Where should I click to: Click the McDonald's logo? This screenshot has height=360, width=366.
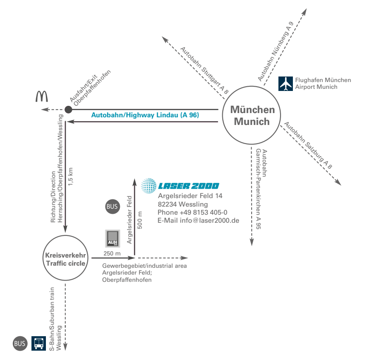pos(41,97)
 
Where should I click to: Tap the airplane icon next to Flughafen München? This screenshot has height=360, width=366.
pos(286,84)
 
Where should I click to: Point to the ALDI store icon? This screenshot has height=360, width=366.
pos(113,238)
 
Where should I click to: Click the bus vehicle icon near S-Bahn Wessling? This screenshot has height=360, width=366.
pos(39,343)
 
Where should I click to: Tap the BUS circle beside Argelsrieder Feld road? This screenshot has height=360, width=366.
pos(112,207)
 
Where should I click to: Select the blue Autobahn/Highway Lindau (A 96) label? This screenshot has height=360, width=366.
pos(145,115)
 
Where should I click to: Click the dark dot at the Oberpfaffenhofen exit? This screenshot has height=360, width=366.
pos(68,110)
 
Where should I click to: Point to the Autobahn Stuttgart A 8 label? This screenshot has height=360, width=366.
pos(204,71)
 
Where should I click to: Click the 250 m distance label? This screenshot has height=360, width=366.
pos(112,254)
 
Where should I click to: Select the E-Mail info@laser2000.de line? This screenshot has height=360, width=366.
pos(198,221)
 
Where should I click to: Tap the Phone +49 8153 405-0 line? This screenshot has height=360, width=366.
pos(192,213)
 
